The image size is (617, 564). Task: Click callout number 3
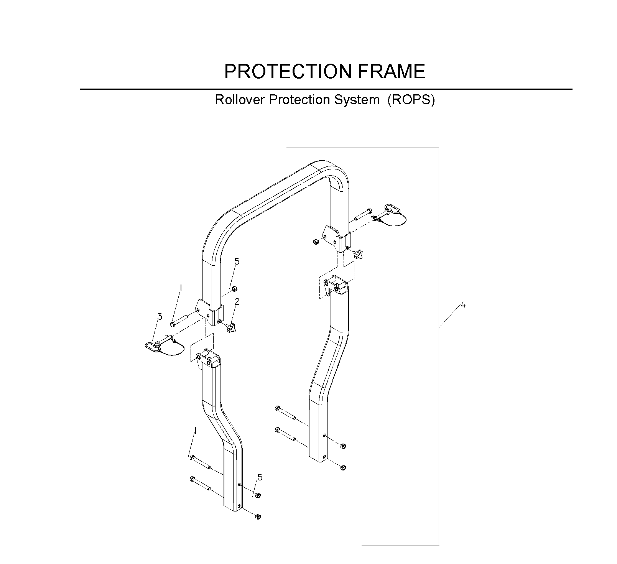click(x=160, y=317)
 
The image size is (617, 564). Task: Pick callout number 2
click(x=237, y=302)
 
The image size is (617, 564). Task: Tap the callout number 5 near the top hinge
click(x=237, y=261)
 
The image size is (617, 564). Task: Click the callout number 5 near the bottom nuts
click(x=260, y=477)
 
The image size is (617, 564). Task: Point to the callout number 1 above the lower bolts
click(x=196, y=431)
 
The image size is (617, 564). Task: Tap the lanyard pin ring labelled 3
click(x=152, y=347)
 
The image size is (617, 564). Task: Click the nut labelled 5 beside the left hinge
click(x=235, y=288)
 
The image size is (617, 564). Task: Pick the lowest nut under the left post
click(x=258, y=517)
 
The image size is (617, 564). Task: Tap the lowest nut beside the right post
click(x=343, y=467)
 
